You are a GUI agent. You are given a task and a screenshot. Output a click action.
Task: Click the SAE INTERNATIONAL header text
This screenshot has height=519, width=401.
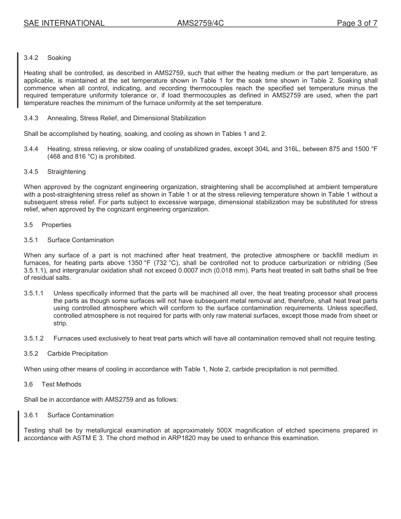coord(64,23)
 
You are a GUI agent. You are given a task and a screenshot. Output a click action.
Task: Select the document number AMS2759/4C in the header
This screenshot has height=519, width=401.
coord(200,23)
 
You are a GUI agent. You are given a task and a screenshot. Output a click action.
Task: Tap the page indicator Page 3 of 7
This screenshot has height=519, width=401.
coord(357,23)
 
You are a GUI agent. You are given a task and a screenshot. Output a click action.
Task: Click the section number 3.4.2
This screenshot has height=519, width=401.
coord(31,57)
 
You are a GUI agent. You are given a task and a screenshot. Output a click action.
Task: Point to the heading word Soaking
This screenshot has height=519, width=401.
coord(59,57)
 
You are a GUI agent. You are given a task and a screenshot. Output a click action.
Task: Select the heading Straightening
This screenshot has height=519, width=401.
coord(66,172)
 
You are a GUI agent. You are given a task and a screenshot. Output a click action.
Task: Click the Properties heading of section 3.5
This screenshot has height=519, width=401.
coord(57,225)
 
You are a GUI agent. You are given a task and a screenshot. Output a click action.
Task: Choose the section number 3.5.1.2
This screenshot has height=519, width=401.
coord(34,338)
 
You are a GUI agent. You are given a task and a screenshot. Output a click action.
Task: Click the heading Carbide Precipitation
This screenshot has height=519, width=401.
coord(77,354)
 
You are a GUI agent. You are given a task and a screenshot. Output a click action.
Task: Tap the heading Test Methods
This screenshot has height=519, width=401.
coord(61,384)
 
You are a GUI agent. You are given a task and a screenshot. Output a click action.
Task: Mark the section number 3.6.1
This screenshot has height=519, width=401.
coord(31,415)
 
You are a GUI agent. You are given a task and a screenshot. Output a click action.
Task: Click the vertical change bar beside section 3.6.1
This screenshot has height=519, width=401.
coord(18,426)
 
